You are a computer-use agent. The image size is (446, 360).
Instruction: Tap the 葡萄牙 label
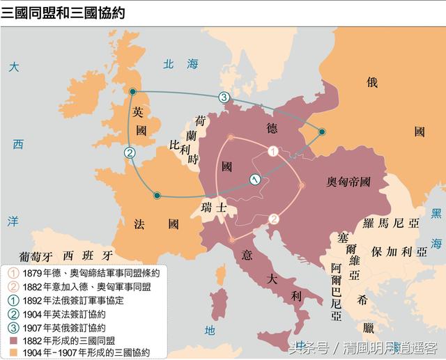click(x=37, y=254)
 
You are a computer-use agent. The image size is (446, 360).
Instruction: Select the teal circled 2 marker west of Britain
click(x=129, y=152)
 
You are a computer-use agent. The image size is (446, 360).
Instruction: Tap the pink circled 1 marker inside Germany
click(x=273, y=150)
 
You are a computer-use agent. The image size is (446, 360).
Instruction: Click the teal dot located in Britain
click(x=132, y=91)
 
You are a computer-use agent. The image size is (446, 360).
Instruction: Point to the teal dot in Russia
click(x=322, y=131)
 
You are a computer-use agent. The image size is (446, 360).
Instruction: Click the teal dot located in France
click(x=157, y=196)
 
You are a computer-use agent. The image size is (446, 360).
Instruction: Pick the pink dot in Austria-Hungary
click(x=302, y=185)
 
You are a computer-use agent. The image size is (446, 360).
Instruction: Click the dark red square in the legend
click(x=14, y=340)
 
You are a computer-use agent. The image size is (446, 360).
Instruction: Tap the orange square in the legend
click(x=14, y=352)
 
